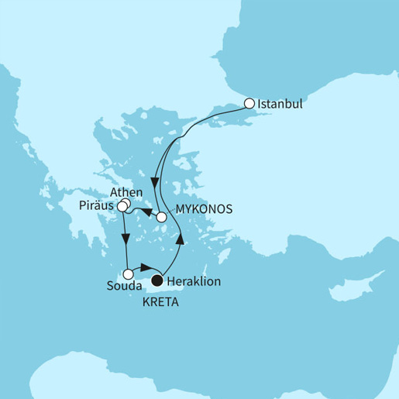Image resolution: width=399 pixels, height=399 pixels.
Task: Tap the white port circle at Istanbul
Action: coord(249,102)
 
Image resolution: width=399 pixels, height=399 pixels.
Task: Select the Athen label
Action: coord(126,192)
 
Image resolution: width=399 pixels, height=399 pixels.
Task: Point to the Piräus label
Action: coord(96,206)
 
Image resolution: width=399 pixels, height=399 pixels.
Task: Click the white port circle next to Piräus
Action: coord(122,208)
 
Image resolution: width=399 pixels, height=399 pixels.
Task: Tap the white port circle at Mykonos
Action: coord(162,218)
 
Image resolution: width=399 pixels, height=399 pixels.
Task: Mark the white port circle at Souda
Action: coord(127,273)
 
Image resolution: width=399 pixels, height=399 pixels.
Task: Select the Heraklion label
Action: coord(194,282)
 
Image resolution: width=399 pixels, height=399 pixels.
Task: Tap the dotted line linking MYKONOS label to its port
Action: coord(171,215)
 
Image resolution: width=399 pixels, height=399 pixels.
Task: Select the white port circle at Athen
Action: coord(126,204)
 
